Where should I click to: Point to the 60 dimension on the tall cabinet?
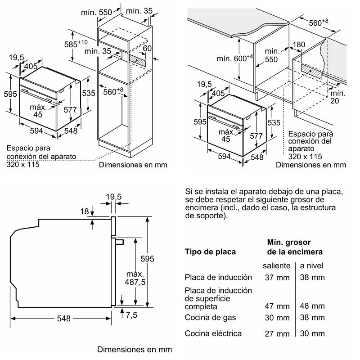point(148,48)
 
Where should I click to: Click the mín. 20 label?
point(337,97)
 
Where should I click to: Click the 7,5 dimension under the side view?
point(131,315)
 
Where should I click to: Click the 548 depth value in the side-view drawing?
point(64,319)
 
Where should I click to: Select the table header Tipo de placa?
point(210,252)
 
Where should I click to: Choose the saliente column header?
point(276,265)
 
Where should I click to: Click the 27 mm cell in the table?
point(277,333)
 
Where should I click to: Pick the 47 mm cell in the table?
point(277,306)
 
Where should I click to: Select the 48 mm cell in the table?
point(312,306)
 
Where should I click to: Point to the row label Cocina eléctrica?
point(213,333)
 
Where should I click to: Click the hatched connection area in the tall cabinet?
point(137,60)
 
